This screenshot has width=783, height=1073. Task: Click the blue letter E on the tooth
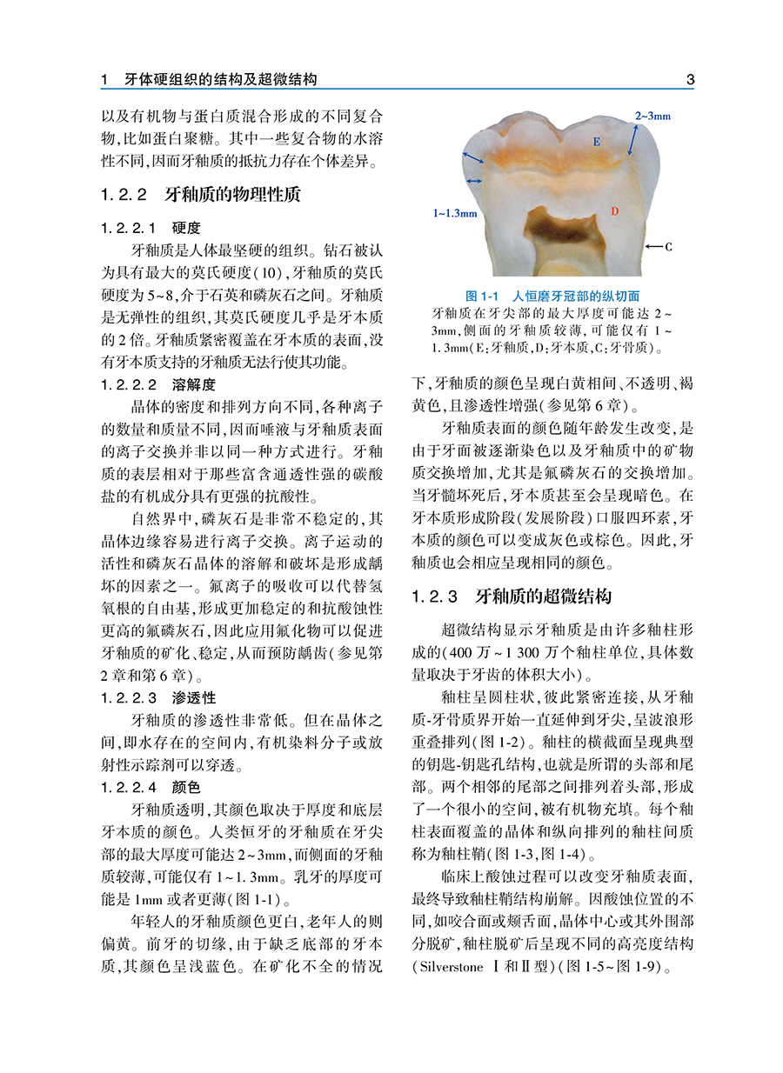tap(596, 141)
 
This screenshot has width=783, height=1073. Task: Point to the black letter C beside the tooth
tap(668, 247)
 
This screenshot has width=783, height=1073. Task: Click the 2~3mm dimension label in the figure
tap(652, 115)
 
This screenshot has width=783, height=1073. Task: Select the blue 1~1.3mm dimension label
tap(455, 212)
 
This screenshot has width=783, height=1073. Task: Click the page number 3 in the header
tap(690, 80)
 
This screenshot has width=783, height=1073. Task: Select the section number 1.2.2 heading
tap(126, 194)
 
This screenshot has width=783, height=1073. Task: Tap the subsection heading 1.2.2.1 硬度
tap(151, 229)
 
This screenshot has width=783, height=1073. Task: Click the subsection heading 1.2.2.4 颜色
tap(151, 788)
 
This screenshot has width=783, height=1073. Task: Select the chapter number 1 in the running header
tap(104, 80)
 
